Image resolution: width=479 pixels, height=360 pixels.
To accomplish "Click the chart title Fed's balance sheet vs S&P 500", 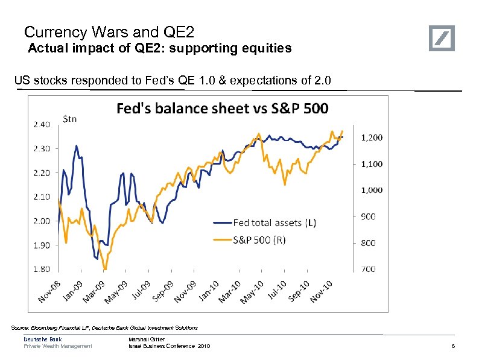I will point(223,109).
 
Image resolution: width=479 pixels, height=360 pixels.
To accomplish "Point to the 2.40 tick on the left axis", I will point(41,124).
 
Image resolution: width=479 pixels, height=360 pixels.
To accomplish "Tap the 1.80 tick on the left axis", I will point(41,269).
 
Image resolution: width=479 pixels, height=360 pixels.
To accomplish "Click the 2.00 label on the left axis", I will point(41,221).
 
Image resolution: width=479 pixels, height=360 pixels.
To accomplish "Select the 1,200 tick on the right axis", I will point(372,137).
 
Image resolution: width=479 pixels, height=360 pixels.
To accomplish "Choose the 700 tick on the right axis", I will point(368,269).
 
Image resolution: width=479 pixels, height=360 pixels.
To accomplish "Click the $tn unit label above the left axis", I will point(71,119).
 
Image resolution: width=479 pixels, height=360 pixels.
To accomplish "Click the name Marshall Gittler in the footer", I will point(147,339).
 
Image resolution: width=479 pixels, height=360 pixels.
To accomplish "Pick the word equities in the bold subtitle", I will point(268,48).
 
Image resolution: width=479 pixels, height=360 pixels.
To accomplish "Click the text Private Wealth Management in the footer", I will point(58,346).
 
